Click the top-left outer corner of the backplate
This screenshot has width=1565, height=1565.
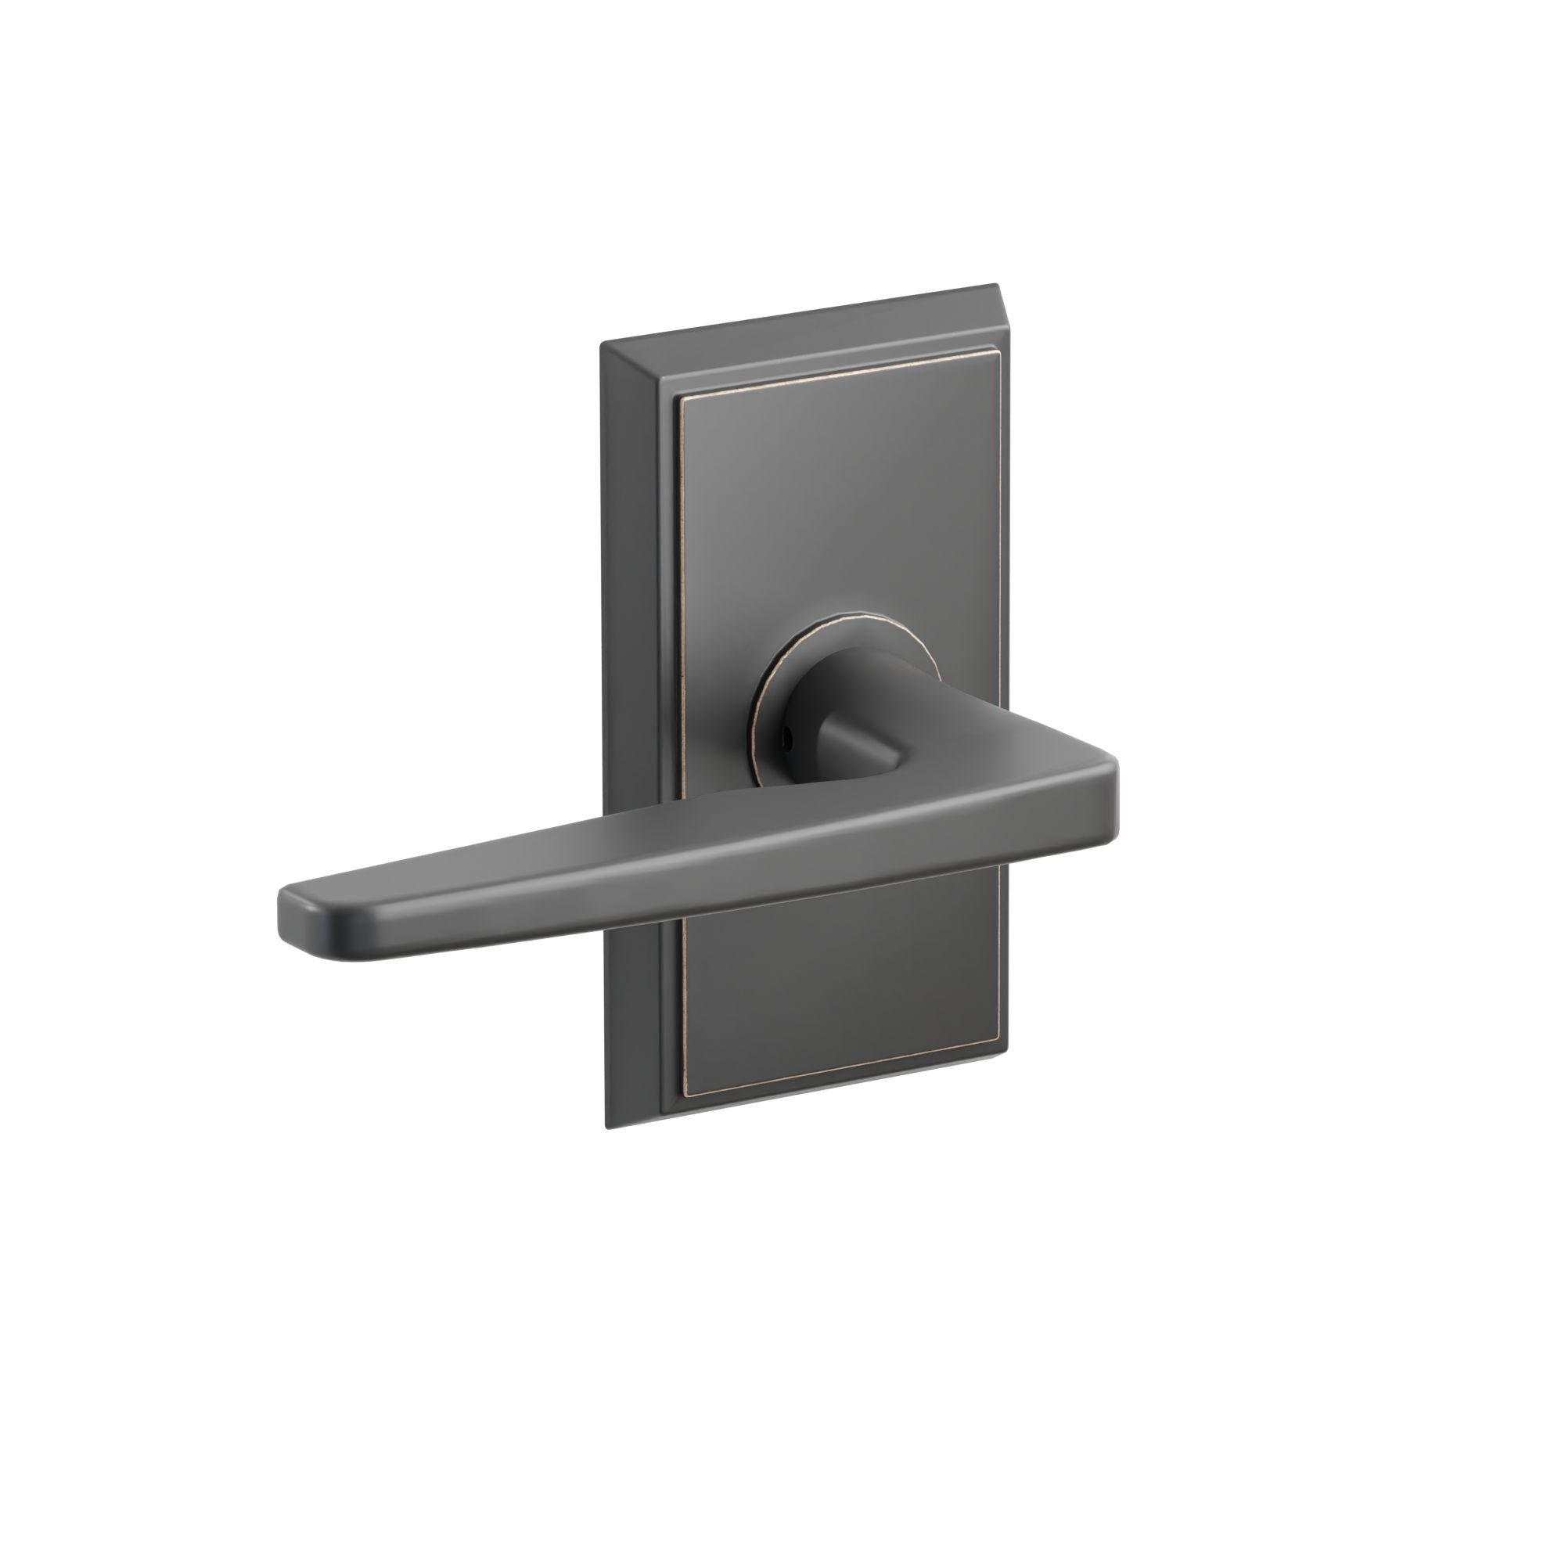600,345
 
